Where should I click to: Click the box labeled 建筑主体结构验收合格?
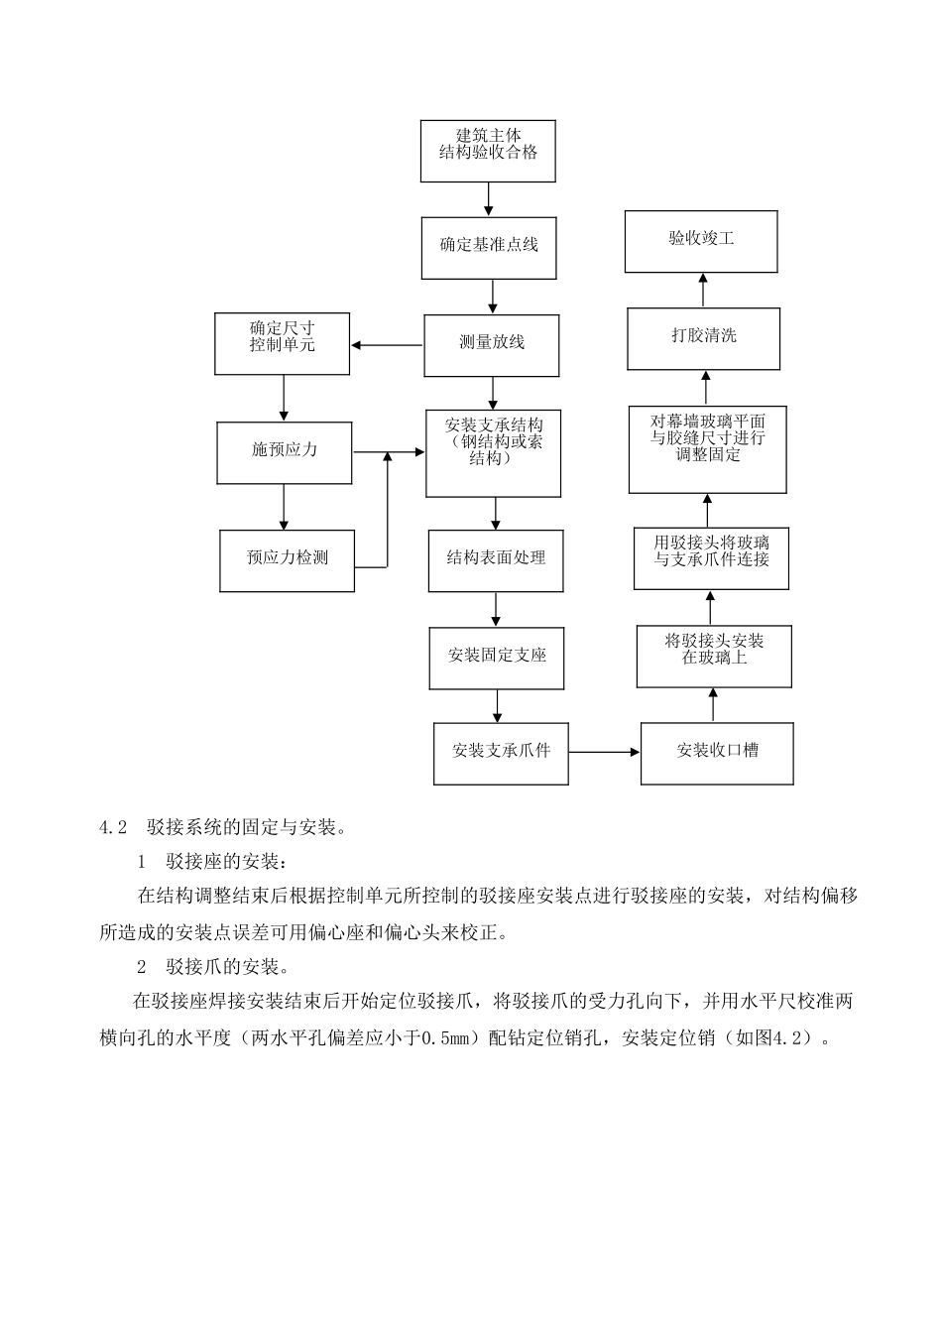coord(488,151)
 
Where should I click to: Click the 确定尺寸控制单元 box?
coord(283,344)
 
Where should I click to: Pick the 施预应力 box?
coord(285,452)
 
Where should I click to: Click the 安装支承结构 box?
coord(493,453)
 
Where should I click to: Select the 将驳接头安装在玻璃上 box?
coord(714,656)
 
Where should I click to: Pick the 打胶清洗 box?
coord(704,338)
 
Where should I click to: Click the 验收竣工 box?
coord(701,241)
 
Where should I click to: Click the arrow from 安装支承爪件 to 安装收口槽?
coord(605,752)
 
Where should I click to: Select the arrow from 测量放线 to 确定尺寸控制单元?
coord(387,345)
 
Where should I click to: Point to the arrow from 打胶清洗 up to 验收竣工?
coord(703,290)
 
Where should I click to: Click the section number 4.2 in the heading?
coord(115,827)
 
